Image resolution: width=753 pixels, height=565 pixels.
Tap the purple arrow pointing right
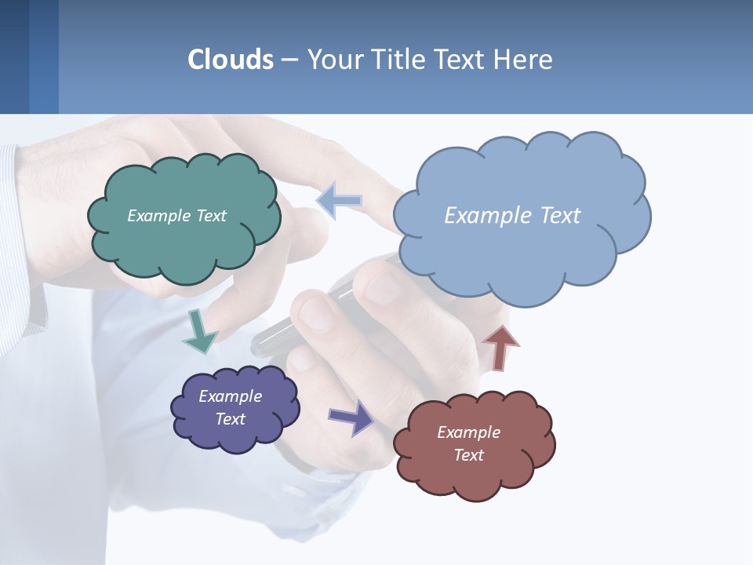click(x=351, y=417)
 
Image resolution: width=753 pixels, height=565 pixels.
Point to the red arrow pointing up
click(x=500, y=347)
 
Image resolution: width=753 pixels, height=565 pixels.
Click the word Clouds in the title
click(x=231, y=60)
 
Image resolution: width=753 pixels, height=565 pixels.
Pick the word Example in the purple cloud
click(x=230, y=396)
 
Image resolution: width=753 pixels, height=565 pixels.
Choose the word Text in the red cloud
click(x=468, y=455)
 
